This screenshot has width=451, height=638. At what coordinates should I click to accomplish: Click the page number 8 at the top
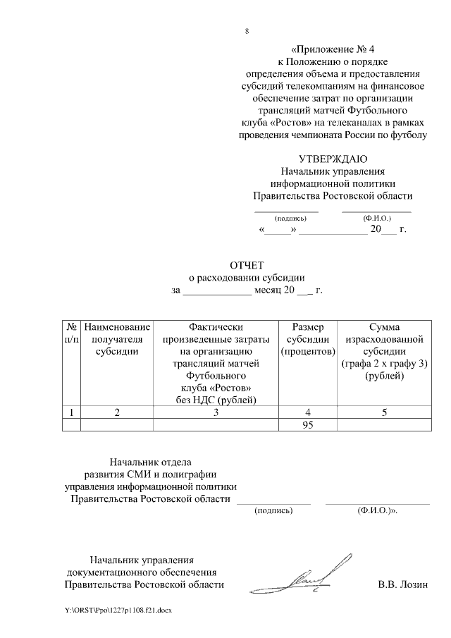247,32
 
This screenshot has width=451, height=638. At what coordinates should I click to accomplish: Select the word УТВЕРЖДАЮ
333,158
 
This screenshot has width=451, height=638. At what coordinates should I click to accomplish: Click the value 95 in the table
307,424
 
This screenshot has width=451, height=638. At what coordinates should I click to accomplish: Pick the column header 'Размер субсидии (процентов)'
307,339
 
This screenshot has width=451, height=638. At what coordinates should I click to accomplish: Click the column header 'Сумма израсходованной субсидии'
384,345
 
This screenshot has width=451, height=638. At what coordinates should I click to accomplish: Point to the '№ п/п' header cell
71,333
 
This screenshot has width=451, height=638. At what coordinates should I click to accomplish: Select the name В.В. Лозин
402,584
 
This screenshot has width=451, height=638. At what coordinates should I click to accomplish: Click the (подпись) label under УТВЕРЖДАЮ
285,219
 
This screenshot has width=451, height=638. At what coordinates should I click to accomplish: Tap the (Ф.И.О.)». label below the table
378,509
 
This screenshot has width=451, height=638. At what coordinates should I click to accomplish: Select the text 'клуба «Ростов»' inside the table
216,389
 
